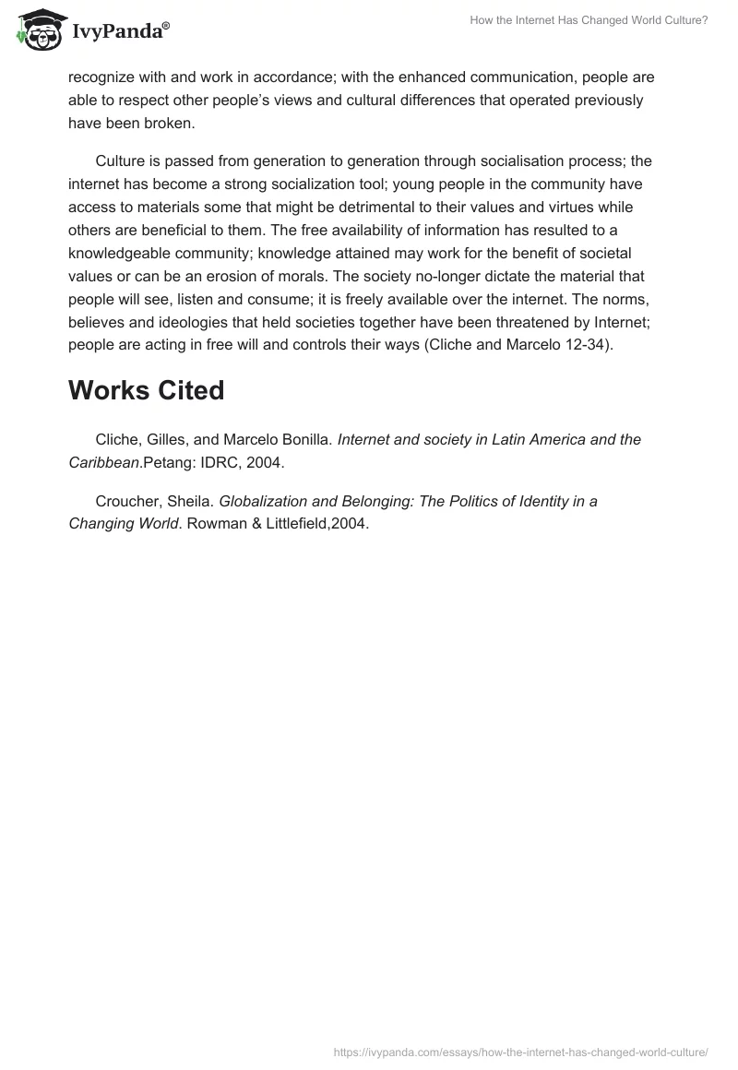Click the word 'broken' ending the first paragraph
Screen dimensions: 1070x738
(x=171, y=122)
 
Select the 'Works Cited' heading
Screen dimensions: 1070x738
(x=146, y=390)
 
